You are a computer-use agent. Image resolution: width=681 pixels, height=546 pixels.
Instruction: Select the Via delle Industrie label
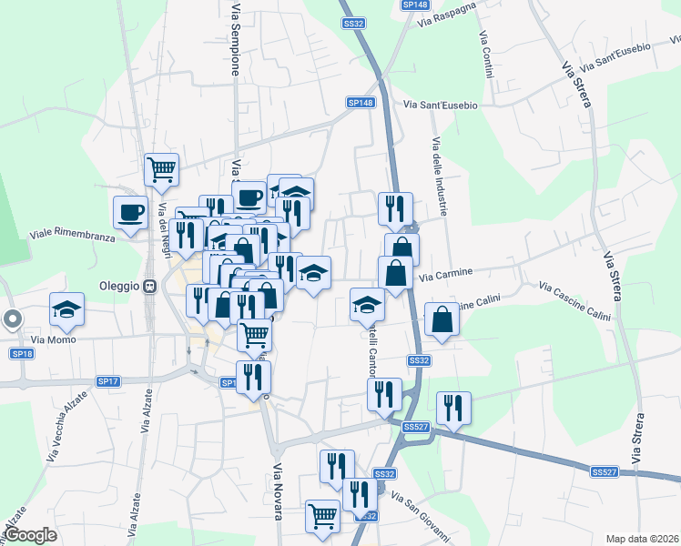tap(440, 177)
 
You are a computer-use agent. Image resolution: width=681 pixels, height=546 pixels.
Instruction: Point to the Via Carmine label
tap(445, 272)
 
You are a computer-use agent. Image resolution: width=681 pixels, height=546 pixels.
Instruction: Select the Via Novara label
tap(278, 491)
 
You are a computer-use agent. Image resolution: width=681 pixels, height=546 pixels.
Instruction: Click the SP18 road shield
tap(22, 353)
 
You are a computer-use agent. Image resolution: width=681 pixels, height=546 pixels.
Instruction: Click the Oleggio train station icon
tap(150, 286)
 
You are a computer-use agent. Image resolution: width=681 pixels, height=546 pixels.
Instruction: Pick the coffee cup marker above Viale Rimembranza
tap(130, 212)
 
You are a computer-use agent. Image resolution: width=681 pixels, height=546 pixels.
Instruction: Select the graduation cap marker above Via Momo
tap(66, 310)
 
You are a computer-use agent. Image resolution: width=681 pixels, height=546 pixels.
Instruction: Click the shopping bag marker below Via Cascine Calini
tap(442, 320)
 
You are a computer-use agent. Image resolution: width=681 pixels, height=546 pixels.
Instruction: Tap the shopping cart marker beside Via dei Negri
tap(161, 168)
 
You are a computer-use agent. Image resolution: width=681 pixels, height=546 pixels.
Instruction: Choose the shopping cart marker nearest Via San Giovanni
tap(323, 515)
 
